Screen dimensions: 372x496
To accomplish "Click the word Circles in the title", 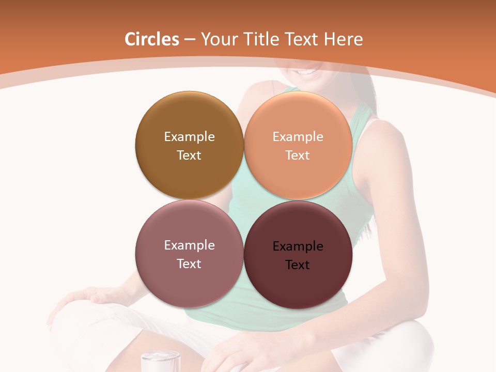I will coord(152,39).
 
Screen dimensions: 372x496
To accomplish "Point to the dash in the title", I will coord(190,40).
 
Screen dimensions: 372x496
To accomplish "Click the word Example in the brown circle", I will coord(189,137).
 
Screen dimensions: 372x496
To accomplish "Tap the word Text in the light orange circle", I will coord(298,156).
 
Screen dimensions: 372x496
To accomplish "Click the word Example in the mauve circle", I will coord(189,245).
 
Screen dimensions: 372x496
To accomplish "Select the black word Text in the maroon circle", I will coord(298,265).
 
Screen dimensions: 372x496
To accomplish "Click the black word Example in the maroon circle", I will coord(298,246).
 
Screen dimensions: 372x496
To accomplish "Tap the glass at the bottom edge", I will coord(160,361).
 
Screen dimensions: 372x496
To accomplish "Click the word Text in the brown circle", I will coord(189,156).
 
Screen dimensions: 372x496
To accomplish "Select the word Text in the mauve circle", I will coord(189,264).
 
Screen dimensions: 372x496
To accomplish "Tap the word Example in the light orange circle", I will coord(298,137).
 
